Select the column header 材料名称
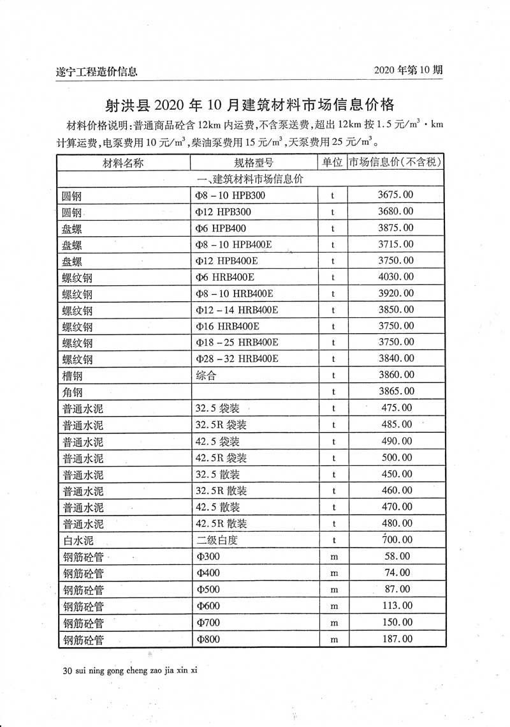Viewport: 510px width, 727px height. click(124, 163)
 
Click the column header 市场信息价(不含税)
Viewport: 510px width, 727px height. click(395, 163)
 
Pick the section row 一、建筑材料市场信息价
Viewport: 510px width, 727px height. click(251, 179)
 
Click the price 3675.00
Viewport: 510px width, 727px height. click(395, 195)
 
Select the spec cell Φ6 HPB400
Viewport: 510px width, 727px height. click(221, 228)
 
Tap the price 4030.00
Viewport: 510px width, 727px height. click(395, 276)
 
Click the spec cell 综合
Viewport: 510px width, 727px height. click(207, 375)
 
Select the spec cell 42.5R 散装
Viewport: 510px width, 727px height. click(221, 523)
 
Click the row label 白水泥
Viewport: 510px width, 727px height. click(78, 540)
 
